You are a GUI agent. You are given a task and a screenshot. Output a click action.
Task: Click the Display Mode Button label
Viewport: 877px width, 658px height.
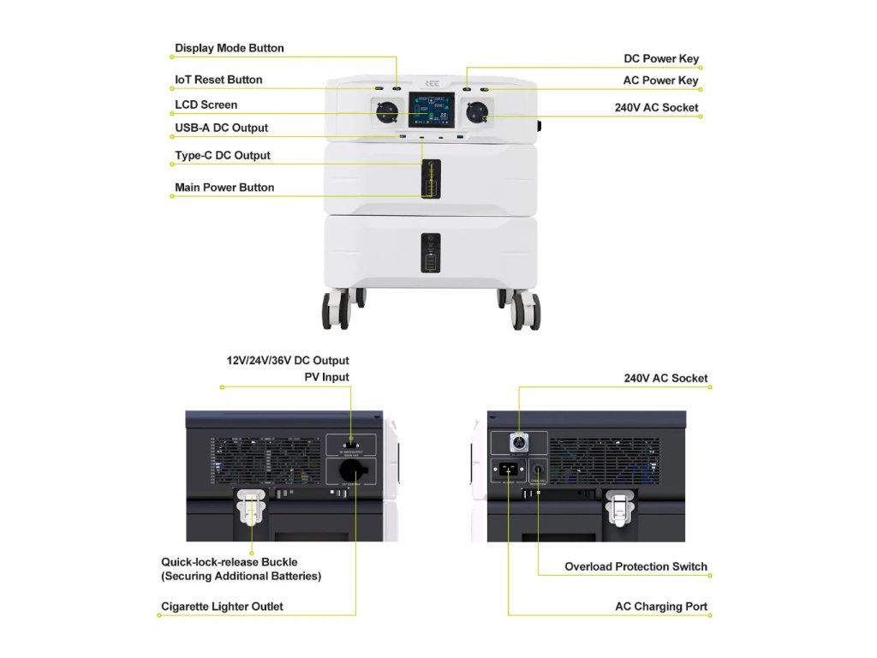(x=229, y=48)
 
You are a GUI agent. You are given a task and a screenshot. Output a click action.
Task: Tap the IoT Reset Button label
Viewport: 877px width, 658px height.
(x=218, y=80)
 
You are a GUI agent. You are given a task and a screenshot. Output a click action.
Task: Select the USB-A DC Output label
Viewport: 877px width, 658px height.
(x=221, y=128)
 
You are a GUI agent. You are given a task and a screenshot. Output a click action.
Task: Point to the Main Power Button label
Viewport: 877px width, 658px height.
(x=224, y=188)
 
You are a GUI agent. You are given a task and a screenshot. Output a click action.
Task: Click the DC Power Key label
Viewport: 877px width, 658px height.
(x=660, y=59)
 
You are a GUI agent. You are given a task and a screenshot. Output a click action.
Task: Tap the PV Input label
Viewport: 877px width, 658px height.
(x=326, y=377)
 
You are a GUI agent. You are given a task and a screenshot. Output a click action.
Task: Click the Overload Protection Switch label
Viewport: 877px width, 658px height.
(x=635, y=566)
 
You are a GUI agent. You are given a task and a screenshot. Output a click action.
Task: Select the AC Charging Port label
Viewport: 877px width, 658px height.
(x=660, y=607)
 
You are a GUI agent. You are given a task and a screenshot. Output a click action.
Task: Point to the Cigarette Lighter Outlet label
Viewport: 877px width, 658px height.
(x=222, y=607)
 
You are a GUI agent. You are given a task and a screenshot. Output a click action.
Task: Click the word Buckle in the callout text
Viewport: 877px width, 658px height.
(x=279, y=562)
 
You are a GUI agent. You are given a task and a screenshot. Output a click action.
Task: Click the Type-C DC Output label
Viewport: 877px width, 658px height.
(x=222, y=155)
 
